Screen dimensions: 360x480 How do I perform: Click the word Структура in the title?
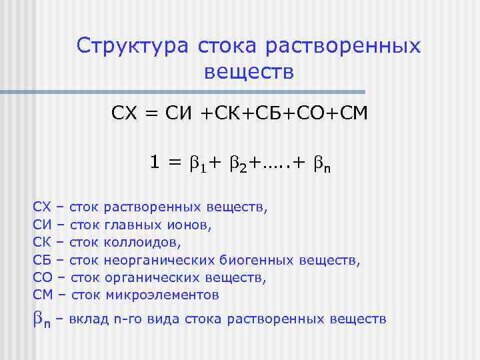point(133,46)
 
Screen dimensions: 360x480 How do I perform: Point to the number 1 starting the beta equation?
point(154,161)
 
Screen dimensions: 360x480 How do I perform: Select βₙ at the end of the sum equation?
point(321,163)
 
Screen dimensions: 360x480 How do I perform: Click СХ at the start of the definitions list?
point(42,208)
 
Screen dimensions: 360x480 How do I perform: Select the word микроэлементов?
point(163,295)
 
